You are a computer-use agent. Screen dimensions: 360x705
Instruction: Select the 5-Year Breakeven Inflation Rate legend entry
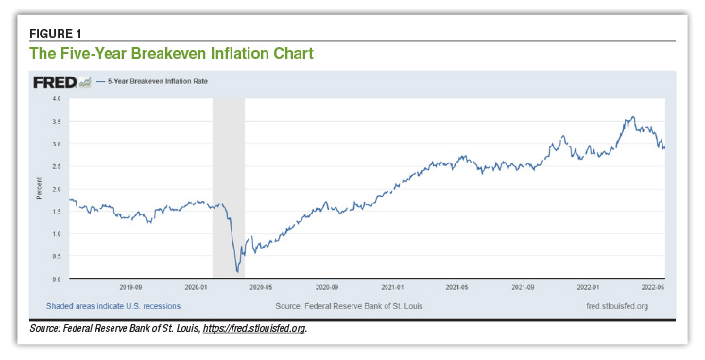click(152, 82)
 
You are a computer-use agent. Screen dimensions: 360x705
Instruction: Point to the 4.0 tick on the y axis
click(57, 98)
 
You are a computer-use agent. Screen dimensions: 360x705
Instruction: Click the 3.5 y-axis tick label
click(57, 121)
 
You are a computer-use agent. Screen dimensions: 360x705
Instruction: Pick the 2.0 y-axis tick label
click(57, 189)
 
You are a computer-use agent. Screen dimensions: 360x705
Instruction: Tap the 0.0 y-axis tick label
click(57, 280)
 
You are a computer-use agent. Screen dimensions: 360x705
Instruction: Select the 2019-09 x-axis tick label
click(129, 286)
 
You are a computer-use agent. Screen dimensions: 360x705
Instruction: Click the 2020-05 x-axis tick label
click(260, 286)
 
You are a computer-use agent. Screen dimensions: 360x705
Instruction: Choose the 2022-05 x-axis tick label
click(653, 286)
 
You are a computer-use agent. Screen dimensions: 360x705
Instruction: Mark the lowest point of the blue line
click(237, 272)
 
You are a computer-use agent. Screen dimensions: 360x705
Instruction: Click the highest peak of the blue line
click(632, 117)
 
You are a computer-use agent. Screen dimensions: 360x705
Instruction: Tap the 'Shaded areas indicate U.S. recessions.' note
click(113, 306)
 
